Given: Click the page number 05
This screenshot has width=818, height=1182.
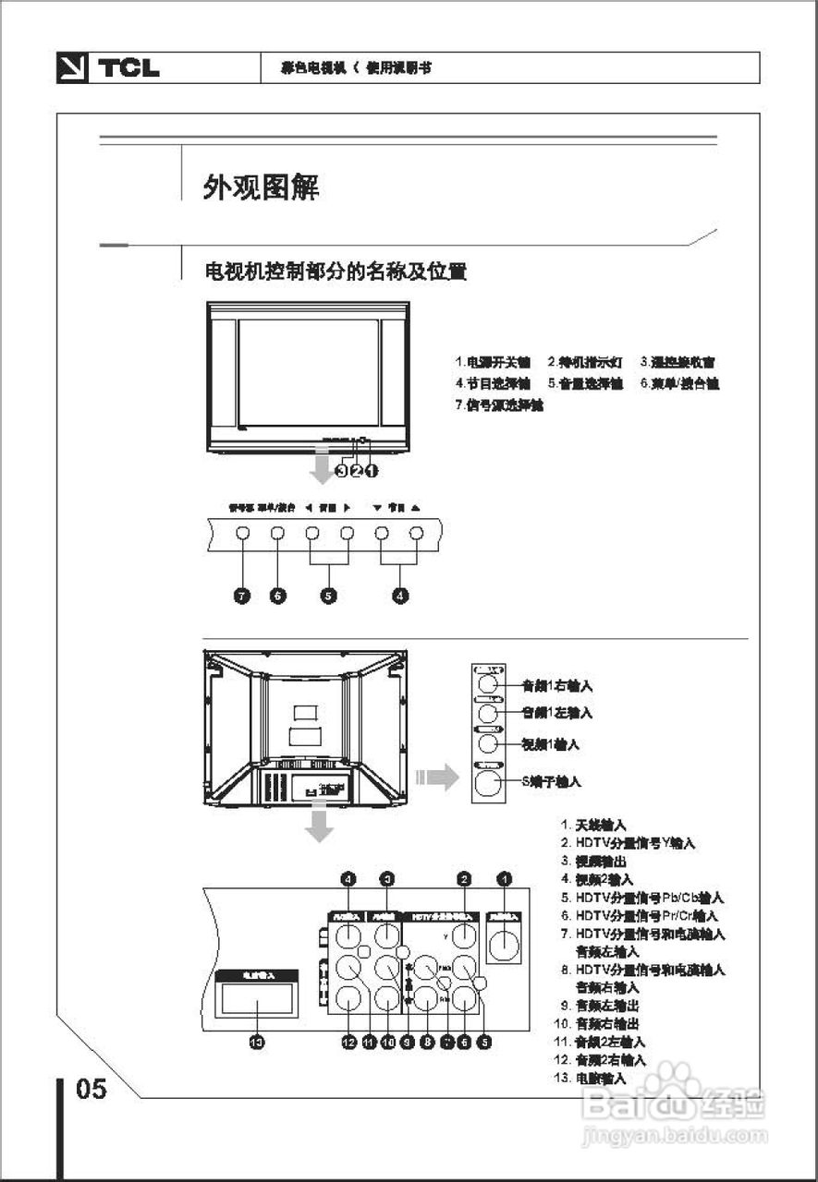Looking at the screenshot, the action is (92, 1089).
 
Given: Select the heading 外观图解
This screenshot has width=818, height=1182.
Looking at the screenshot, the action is (262, 187).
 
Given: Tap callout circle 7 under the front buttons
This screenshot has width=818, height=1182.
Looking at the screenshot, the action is (242, 596).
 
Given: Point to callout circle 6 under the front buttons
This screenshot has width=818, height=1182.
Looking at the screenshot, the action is (277, 596).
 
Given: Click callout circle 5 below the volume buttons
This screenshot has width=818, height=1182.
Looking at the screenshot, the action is (328, 596).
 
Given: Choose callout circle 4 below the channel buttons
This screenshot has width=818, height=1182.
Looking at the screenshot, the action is (399, 596).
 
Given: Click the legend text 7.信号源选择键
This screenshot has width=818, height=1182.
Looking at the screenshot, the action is (499, 404).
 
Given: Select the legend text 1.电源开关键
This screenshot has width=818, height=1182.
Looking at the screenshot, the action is (493, 362).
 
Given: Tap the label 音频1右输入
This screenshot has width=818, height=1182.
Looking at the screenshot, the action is (556, 686).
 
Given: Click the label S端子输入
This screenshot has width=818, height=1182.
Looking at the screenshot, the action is (551, 781).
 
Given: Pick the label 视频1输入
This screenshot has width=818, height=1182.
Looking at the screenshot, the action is (551, 743).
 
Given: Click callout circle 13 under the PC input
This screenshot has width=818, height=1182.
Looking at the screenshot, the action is (257, 1042).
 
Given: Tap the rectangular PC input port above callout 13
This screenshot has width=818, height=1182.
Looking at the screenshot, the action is (256, 998).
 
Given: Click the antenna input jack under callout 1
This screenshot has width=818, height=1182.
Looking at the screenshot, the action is (504, 945).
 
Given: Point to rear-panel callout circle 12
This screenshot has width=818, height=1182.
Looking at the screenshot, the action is (348, 1042).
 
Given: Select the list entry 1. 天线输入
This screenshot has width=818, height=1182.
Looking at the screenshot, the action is (593, 824).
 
